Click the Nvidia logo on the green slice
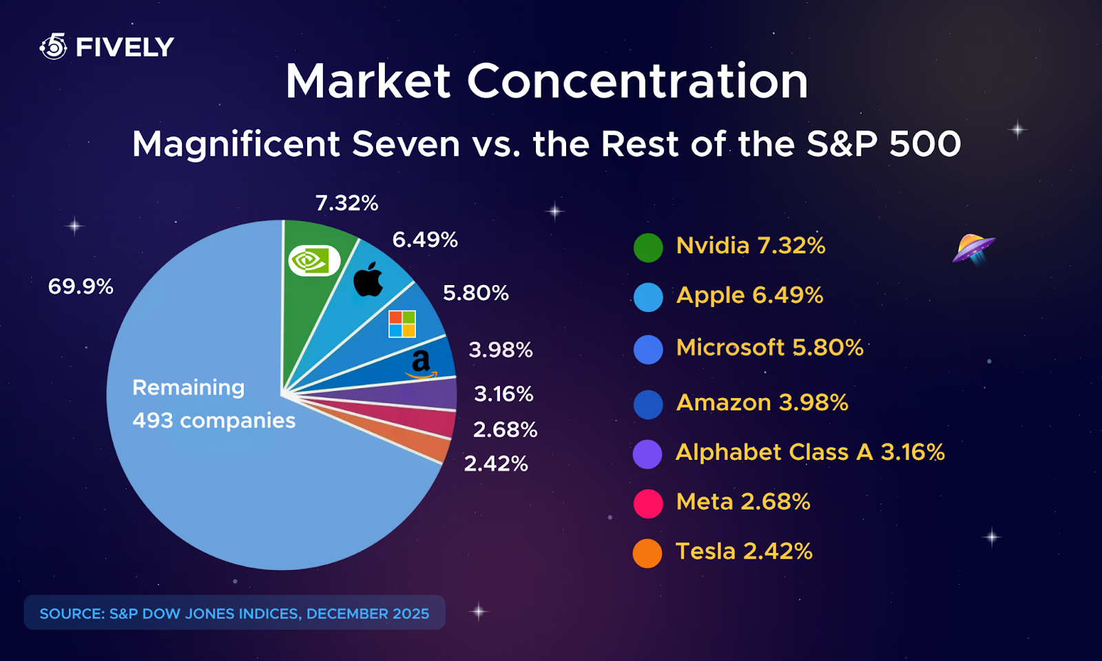314,261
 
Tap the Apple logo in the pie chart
368,280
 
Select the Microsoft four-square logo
402,324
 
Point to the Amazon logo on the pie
421,364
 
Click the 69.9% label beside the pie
81,286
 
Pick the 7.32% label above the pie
346,203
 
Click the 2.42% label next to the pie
496,463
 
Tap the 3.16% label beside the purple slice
503,394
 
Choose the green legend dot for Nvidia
648,248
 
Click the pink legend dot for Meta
648,503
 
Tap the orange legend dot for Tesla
647,553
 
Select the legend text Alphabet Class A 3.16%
810,452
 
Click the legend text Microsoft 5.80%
769,347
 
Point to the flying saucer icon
973,248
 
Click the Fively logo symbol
54,46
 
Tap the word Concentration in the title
637,81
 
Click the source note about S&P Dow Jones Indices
234,613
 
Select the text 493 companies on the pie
214,420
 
